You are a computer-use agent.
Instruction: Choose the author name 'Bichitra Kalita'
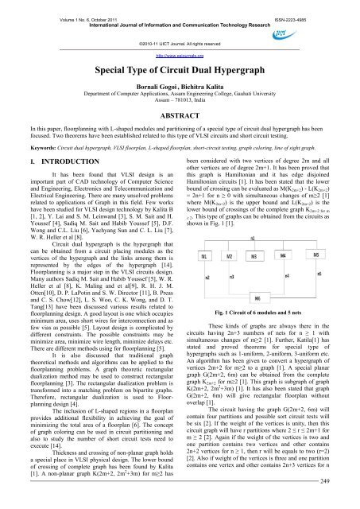pos(203,86)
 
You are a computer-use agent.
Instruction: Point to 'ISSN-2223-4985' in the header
pos(326,6)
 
